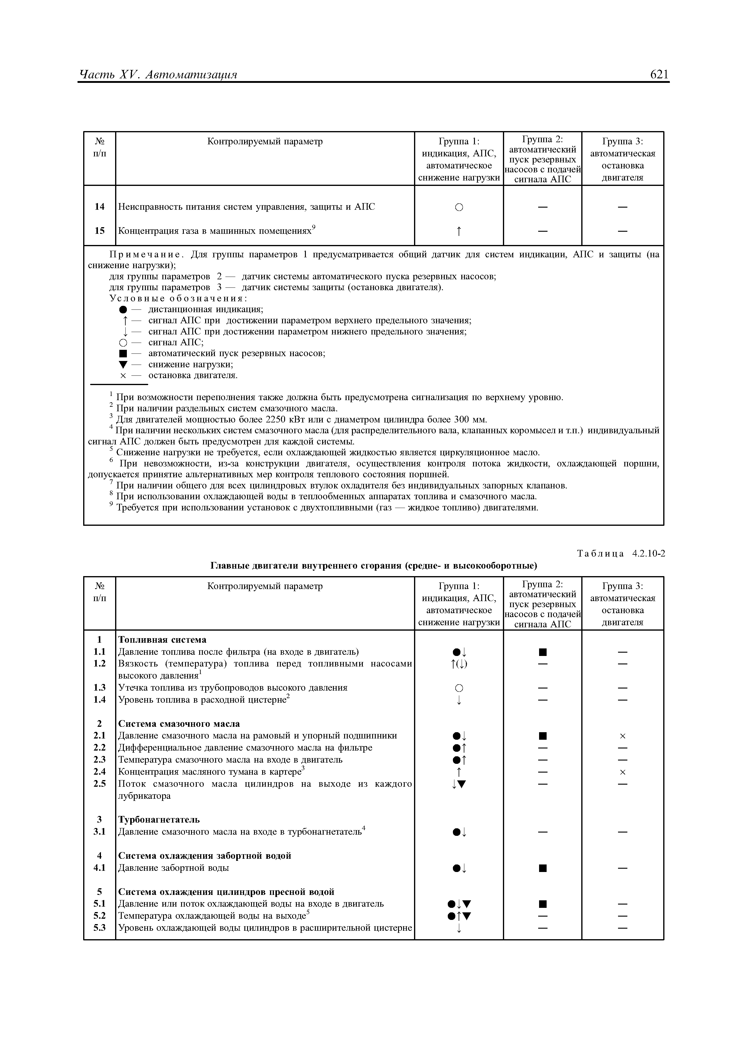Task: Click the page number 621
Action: click(659, 75)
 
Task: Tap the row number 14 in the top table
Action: click(99, 207)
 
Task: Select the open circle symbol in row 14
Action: click(459, 208)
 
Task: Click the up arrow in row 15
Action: click(459, 231)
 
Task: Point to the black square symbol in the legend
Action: click(122, 353)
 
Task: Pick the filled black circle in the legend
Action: click(122, 309)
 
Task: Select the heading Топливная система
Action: click(162, 639)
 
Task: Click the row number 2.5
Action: click(99, 783)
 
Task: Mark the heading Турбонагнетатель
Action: click(159, 820)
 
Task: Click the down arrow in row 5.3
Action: click(459, 928)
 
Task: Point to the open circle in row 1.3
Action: click(459, 688)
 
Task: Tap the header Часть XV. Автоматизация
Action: click(158, 75)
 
